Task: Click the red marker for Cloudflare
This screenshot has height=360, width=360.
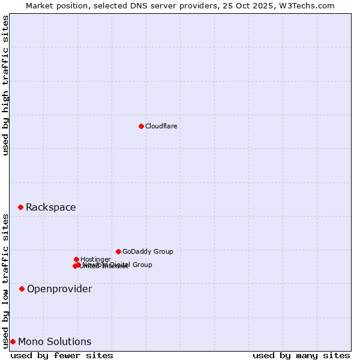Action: click(141, 126)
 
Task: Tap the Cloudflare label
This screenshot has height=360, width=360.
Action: click(161, 126)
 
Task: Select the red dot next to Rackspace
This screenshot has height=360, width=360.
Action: click(20, 207)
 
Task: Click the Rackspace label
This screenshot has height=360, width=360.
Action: click(50, 208)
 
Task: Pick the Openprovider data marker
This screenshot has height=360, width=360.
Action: click(22, 289)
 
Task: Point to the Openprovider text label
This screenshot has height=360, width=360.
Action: click(59, 289)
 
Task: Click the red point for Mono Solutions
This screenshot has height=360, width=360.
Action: click(13, 341)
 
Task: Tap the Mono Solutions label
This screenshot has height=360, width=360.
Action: click(55, 342)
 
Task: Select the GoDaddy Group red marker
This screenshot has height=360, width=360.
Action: click(118, 251)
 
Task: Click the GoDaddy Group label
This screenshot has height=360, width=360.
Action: click(148, 252)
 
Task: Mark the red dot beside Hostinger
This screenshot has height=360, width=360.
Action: click(76, 259)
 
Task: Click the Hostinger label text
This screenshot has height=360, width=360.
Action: click(95, 260)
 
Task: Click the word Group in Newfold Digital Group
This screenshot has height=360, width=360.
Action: click(142, 265)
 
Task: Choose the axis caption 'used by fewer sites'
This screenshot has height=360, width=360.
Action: click(62, 355)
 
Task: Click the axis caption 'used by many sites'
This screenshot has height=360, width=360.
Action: click(301, 355)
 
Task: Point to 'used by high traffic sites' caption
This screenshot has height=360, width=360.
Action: click(5, 85)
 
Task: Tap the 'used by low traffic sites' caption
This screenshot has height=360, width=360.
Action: click(5, 281)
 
